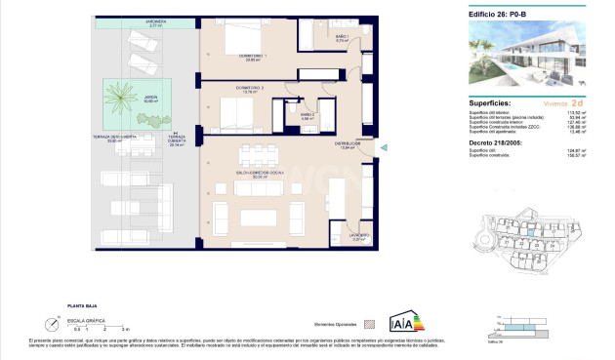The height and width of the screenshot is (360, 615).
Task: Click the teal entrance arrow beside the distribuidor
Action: [384, 148]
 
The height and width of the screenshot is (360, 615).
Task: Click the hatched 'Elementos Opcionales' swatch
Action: [369, 322]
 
